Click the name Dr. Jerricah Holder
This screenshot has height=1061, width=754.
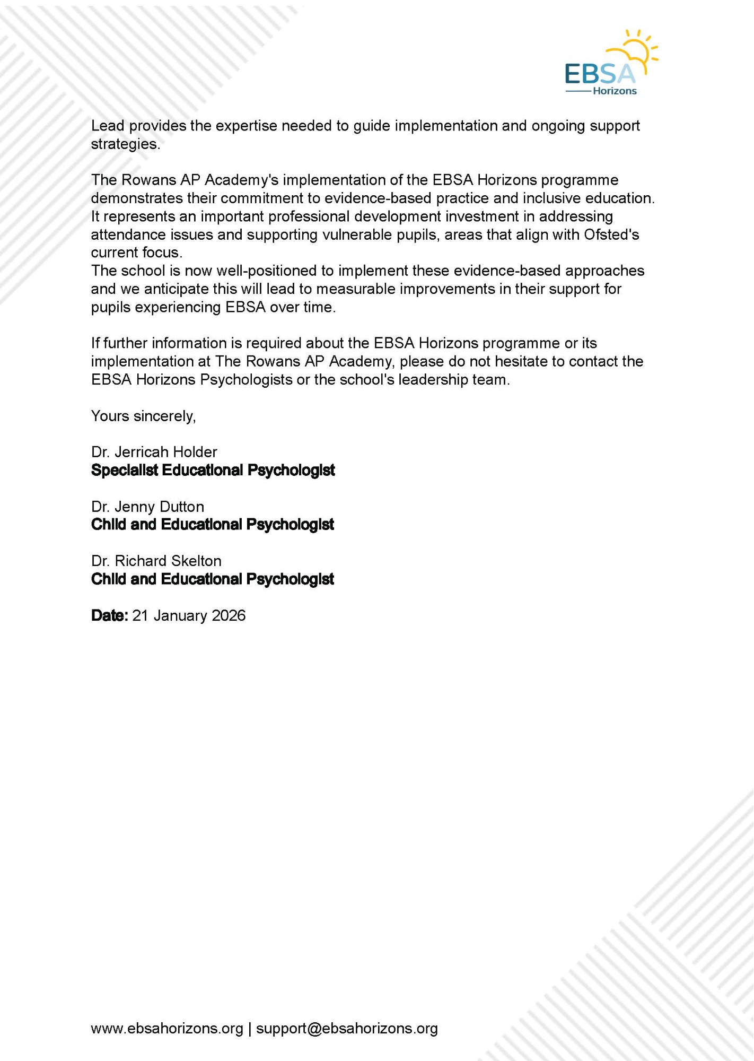coord(154,452)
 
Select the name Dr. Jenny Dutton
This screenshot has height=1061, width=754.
coord(147,507)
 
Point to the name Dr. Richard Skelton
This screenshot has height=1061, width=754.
coord(156,561)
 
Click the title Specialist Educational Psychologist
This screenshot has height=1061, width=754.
coord(213,470)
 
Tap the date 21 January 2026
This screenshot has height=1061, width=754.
coord(189,615)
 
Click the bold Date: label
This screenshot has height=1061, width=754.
coord(109,615)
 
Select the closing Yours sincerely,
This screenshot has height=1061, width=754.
coord(143,416)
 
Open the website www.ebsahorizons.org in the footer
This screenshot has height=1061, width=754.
coord(167,1028)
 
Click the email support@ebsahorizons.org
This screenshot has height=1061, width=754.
coord(347,1028)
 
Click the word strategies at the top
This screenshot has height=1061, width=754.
coord(125,144)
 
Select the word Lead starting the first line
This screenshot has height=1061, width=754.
coord(107,126)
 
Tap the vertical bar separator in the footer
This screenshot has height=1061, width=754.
coord(249,1028)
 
